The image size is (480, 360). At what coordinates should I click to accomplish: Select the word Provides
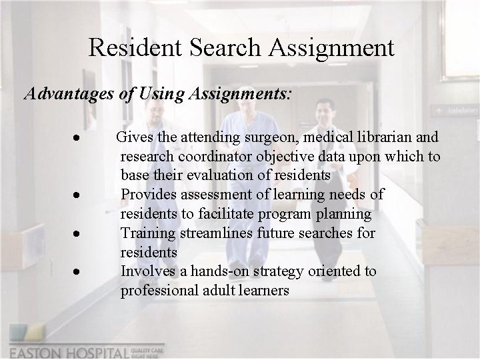point(147,194)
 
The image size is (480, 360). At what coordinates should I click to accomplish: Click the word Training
point(145,233)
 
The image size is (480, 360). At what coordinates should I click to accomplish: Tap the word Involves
point(145,271)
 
